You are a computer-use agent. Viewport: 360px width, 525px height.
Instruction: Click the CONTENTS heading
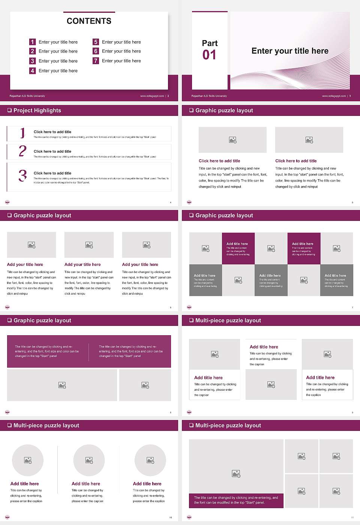(89, 21)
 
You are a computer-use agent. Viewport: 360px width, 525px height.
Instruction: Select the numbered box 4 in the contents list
(32, 70)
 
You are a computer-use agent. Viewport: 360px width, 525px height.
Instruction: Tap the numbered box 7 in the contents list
(96, 61)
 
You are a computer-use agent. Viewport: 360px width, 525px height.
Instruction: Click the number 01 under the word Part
(209, 55)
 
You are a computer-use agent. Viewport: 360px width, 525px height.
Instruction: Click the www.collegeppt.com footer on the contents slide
(152, 96)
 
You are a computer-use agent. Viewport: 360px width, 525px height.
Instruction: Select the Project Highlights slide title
(37, 110)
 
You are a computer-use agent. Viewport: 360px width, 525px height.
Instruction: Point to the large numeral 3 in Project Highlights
(22, 175)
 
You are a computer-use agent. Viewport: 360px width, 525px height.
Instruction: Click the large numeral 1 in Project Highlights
(22, 133)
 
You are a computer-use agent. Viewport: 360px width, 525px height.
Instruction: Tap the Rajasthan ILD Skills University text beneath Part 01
(209, 96)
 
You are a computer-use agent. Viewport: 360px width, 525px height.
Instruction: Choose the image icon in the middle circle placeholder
(89, 460)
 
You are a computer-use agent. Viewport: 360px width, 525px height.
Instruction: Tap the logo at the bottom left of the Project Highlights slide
(7, 202)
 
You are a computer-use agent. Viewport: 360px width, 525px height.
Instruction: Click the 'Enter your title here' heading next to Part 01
(290, 51)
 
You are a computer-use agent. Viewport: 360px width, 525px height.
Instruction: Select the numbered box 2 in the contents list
(32, 51)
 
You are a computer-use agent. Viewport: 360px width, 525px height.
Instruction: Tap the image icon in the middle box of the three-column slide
(89, 245)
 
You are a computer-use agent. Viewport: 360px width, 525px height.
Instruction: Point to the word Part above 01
(210, 43)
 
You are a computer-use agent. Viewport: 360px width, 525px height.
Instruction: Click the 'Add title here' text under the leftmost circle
(24, 484)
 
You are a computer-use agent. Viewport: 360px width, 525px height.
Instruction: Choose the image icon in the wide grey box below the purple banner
(62, 385)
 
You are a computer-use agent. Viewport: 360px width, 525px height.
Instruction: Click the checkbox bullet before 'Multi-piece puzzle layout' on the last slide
(191, 425)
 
